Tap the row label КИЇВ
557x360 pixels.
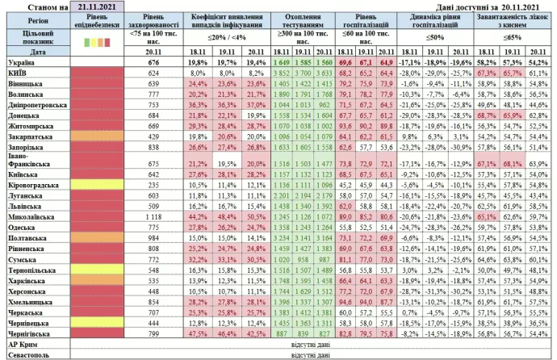pos(17,72)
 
